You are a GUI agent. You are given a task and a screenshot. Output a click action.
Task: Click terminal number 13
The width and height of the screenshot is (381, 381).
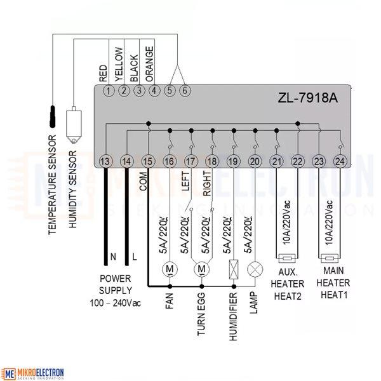[106, 161]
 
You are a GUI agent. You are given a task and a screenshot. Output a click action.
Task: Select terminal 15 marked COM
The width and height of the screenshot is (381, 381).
[148, 161]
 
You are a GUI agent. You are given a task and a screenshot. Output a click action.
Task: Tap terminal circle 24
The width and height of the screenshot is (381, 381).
[340, 161]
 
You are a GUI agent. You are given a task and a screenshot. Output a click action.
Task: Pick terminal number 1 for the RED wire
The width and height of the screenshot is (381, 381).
[109, 91]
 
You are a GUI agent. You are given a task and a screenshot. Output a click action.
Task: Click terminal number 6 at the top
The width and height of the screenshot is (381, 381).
[185, 91]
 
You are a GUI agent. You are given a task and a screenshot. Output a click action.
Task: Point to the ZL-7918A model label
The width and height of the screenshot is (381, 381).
[307, 98]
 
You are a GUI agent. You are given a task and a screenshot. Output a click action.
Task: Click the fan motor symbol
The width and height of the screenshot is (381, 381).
[170, 269]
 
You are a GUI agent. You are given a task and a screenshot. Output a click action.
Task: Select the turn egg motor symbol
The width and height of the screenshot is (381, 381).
[201, 269]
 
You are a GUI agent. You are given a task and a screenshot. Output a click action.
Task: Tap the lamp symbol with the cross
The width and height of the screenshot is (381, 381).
[255, 269]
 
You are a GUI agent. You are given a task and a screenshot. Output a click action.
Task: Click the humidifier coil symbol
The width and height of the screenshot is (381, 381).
[234, 269]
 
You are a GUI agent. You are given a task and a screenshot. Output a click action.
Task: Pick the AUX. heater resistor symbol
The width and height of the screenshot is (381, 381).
[287, 258]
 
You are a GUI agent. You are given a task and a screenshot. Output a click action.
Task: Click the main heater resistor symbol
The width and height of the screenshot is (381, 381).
[330, 258]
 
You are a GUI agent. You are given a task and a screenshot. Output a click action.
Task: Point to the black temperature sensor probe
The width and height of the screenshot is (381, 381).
[53, 117]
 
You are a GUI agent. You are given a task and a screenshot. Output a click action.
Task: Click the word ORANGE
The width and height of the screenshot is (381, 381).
[149, 64]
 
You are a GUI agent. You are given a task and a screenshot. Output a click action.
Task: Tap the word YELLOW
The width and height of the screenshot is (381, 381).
[119, 64]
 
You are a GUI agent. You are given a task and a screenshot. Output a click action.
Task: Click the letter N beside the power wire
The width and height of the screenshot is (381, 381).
[113, 257]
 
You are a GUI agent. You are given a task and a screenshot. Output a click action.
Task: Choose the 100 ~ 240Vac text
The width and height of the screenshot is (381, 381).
[115, 303]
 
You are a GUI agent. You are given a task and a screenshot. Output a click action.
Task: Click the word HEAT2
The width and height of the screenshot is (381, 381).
[288, 296]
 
